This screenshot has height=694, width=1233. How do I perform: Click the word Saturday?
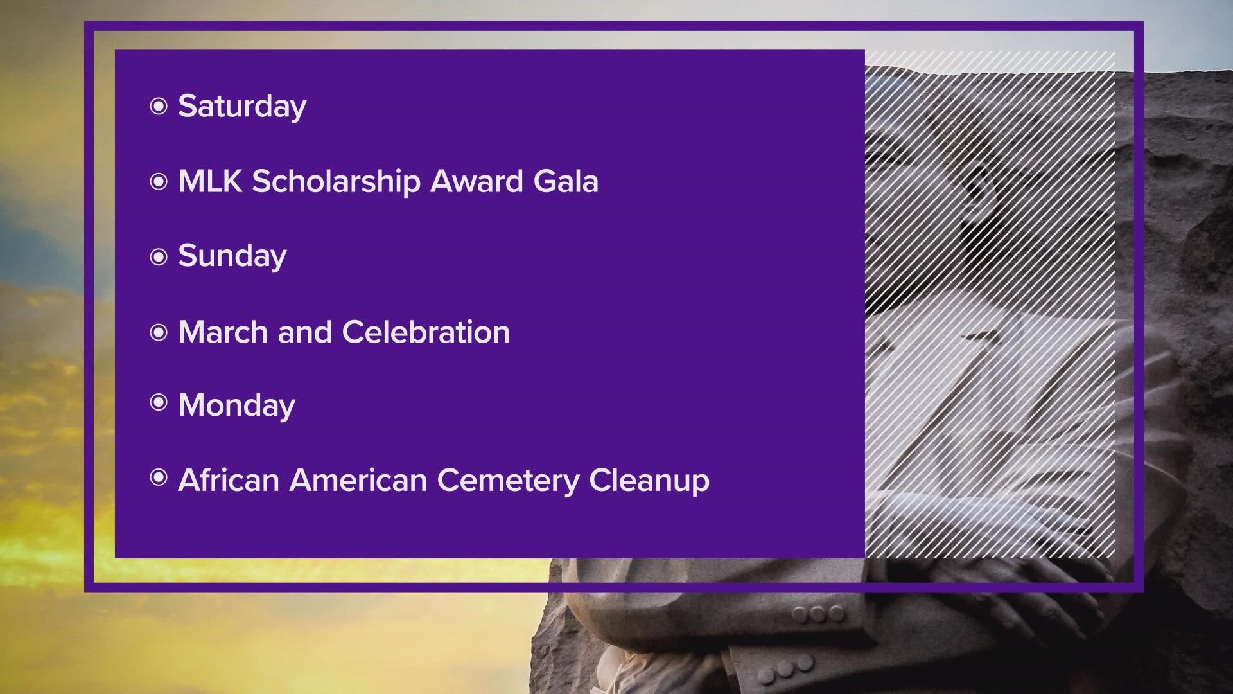(x=242, y=107)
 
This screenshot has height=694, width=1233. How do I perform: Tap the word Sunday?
(x=232, y=256)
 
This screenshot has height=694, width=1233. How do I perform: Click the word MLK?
(x=210, y=181)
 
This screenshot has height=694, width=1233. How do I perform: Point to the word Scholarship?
(x=336, y=182)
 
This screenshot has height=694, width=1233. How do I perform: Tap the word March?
(x=223, y=332)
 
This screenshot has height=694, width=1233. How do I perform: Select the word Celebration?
(x=426, y=332)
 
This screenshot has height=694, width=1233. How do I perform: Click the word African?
(x=229, y=480)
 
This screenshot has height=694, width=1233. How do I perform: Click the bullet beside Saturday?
(x=158, y=106)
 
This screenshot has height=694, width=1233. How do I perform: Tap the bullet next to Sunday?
(x=158, y=257)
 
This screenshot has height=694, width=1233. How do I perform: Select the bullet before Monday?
(x=158, y=402)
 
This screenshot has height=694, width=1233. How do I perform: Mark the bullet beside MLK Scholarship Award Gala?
(x=158, y=182)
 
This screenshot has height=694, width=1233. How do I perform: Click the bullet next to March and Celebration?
(x=158, y=332)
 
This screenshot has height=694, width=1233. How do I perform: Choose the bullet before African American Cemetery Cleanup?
(x=158, y=477)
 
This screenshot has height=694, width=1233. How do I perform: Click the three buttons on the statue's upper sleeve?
(x=818, y=614)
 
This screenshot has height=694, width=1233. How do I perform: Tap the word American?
(x=358, y=480)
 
